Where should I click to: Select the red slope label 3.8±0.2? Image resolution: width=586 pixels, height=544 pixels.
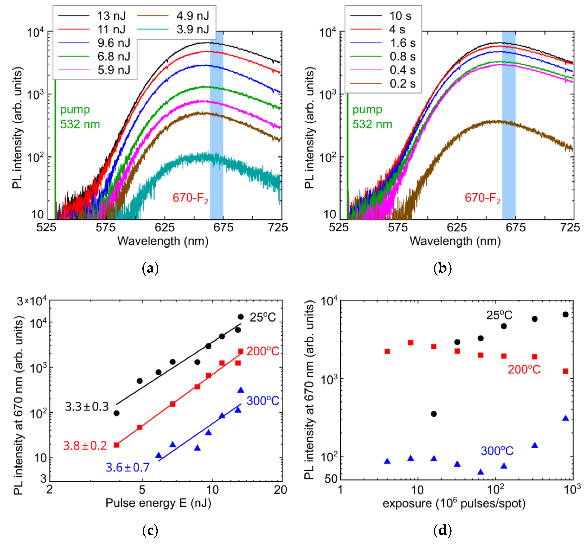point(85,446)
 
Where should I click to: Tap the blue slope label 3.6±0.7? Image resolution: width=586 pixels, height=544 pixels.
point(127,467)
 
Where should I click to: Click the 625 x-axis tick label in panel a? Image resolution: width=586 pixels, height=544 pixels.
point(165,227)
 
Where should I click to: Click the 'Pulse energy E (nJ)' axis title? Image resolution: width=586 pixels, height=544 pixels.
point(158,503)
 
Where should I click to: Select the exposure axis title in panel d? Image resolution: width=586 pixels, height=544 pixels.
point(454,503)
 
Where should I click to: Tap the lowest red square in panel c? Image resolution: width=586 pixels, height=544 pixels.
point(117,445)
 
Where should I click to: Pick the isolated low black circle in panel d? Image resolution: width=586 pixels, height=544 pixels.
point(433,414)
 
